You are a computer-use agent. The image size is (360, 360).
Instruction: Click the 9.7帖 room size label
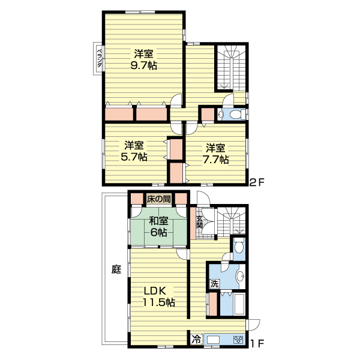point(144,66)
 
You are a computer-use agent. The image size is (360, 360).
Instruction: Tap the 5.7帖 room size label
point(134,157)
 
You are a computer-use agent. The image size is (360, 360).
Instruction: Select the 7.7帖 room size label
point(215,160)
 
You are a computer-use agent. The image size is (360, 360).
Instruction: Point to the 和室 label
point(158,221)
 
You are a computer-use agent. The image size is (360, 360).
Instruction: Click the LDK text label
point(155,291)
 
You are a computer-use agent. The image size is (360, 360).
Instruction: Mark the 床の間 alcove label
point(159,199)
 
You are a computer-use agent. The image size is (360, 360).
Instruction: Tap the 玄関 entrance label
point(199,222)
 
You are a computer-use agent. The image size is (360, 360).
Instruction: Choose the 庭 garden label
point(116,269)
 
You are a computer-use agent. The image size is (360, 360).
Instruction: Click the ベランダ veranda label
point(100,58)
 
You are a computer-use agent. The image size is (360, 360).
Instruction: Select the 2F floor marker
point(257,182)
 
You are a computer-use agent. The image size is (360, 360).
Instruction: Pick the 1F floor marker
point(257,343)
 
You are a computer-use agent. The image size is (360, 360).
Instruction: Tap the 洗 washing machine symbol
point(214,284)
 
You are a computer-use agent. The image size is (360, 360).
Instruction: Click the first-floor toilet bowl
point(239,247)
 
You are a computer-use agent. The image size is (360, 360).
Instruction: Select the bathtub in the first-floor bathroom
point(239,304)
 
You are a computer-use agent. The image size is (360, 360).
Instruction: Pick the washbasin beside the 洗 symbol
point(241,276)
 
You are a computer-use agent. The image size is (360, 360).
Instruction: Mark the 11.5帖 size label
point(159,302)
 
